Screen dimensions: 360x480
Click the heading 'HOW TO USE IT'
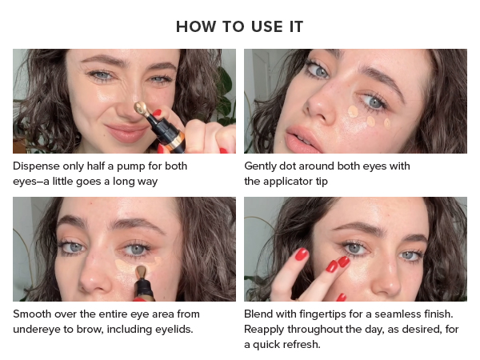(x=239, y=26)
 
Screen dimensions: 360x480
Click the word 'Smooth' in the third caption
(x=32, y=314)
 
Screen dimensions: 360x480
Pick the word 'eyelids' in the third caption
(x=194, y=329)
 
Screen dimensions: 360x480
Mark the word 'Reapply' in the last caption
(x=266, y=329)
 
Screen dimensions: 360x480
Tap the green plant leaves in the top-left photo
(x=227, y=80)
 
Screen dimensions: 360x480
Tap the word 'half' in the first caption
(x=106, y=166)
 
